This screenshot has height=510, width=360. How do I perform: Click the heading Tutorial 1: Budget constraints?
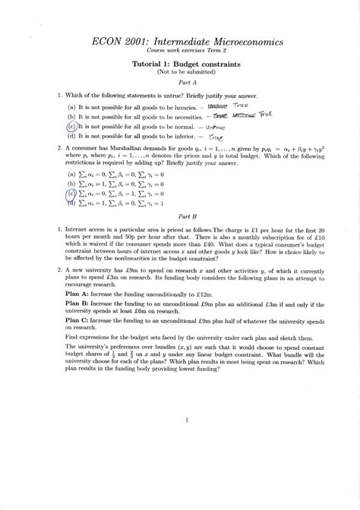click(181, 65)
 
